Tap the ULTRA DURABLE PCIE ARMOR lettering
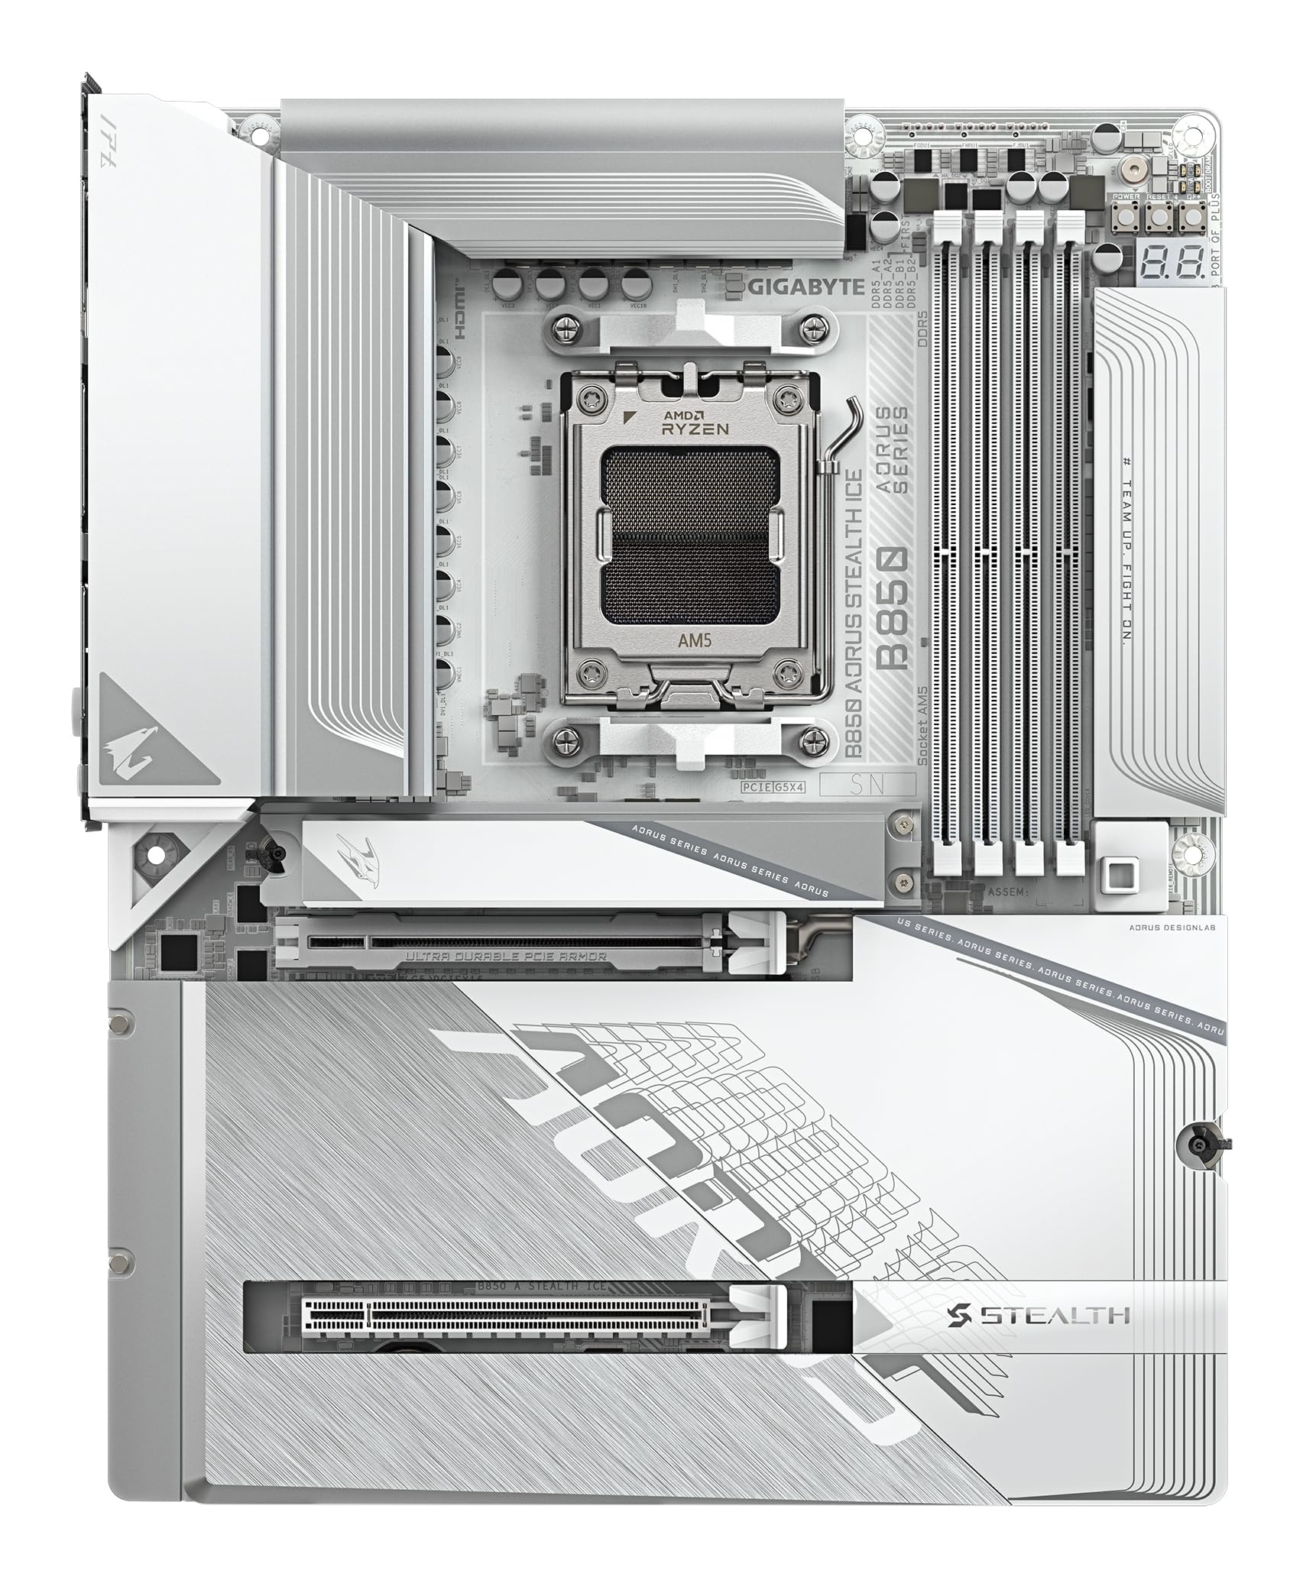505,956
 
